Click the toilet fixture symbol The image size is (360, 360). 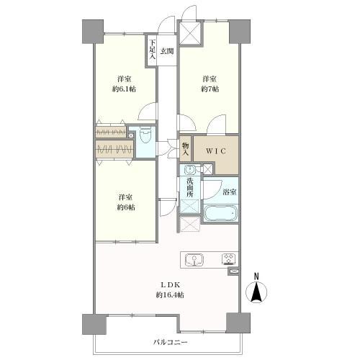[145, 135]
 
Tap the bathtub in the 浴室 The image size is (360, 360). [220, 212]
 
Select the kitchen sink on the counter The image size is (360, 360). [194, 259]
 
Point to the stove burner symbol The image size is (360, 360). [230, 259]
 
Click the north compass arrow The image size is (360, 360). [256, 292]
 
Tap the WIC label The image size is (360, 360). [216, 151]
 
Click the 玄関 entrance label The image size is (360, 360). [167, 51]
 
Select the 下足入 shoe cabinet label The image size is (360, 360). [152, 50]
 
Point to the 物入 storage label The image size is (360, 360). [185, 149]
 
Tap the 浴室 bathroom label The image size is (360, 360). [230, 192]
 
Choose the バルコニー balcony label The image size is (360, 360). [170, 342]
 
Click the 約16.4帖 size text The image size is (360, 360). [170, 294]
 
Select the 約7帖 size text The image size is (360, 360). [210, 89]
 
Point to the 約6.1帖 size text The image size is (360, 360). [124, 89]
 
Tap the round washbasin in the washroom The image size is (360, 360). [189, 170]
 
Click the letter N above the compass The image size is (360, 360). [256, 276]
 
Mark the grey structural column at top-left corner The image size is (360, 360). [93, 32]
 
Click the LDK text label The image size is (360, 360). [170, 285]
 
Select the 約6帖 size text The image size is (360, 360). [126, 207]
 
